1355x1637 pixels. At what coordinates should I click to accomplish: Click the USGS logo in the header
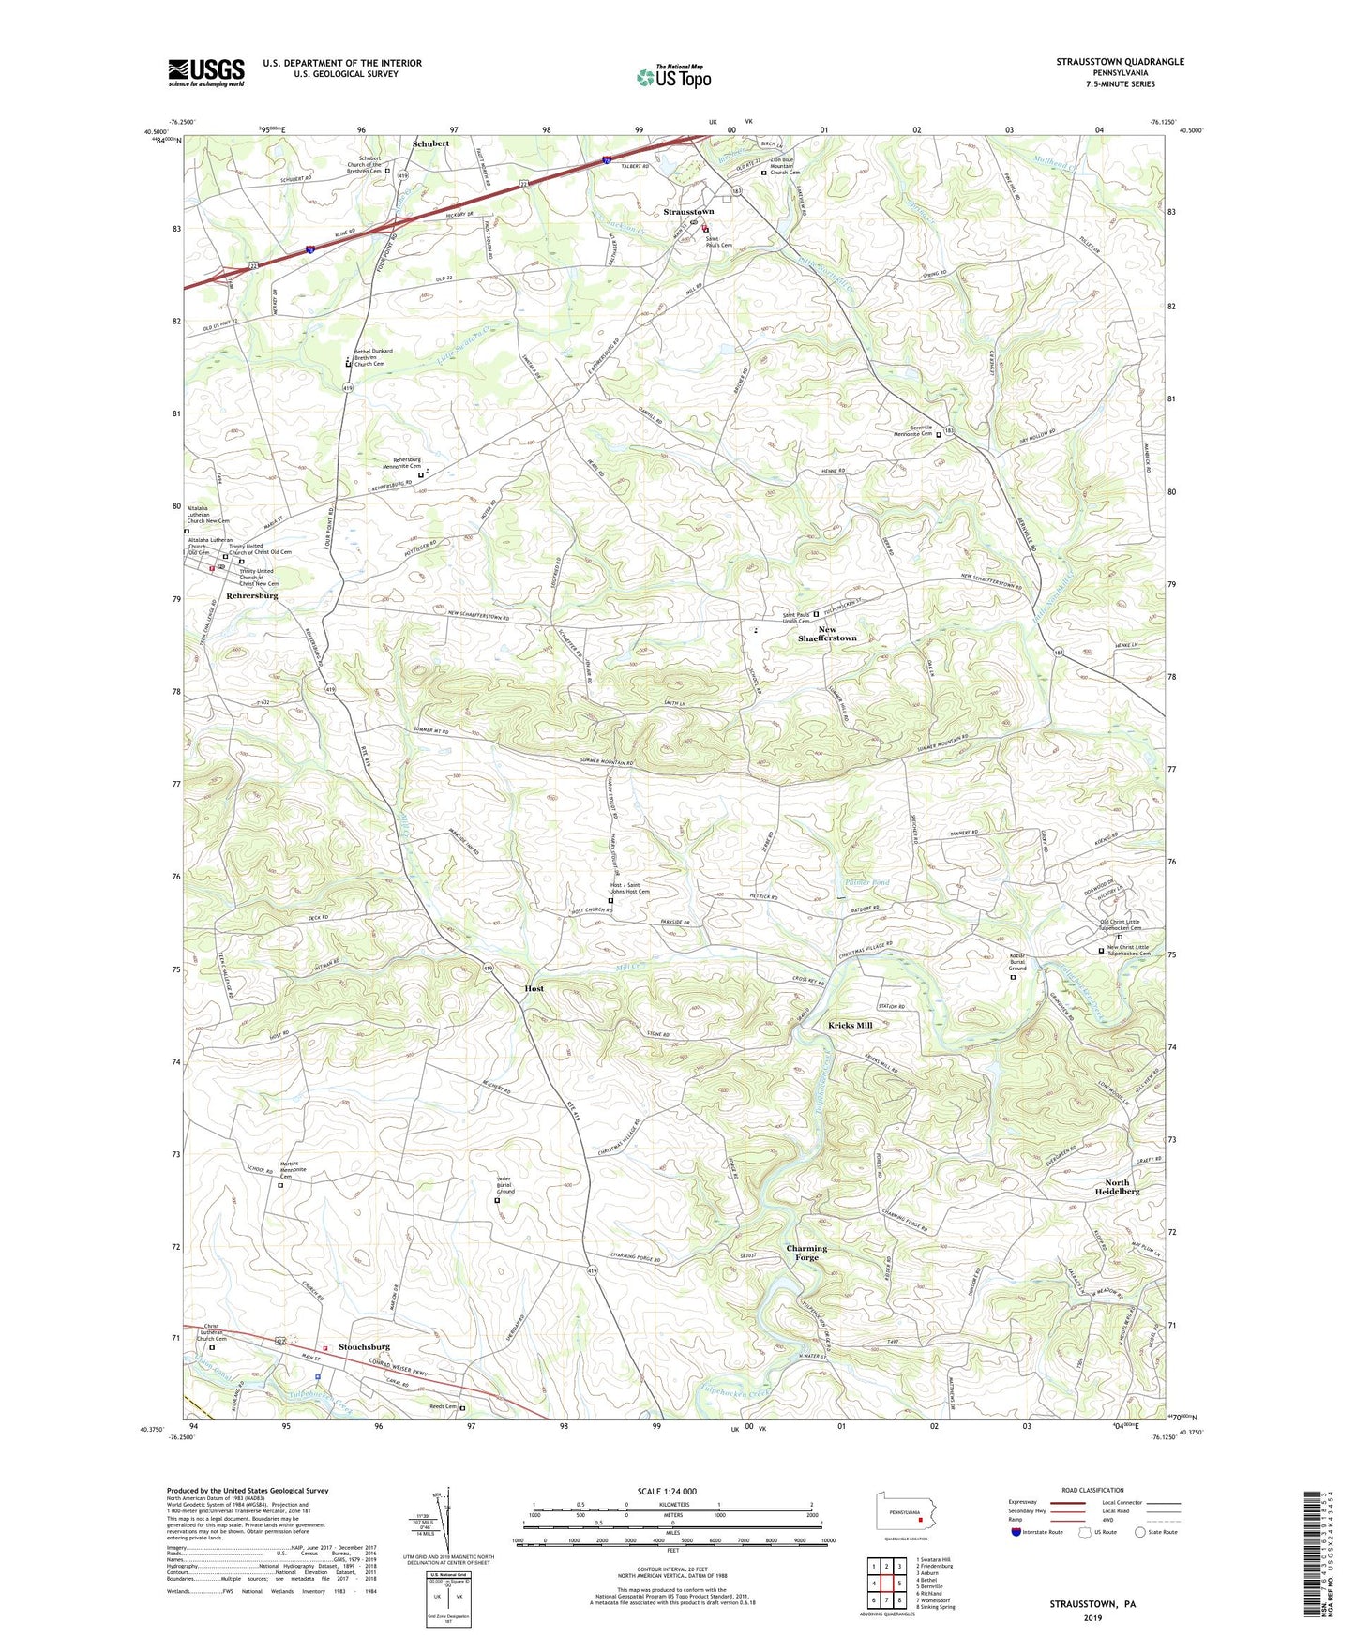pos(205,71)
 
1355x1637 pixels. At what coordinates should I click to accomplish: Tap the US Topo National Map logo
pos(673,77)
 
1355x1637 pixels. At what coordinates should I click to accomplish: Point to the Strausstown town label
pos(688,212)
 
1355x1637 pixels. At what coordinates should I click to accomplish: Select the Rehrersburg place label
pos(251,595)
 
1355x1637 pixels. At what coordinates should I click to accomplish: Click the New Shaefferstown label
pos(826,634)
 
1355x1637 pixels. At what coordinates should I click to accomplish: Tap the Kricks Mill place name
pos(850,1026)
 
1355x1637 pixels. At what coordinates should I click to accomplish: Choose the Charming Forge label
pos(806,1253)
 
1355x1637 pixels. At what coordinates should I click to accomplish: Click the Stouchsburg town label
pos(364,1347)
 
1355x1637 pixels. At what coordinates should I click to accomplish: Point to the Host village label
pos(534,988)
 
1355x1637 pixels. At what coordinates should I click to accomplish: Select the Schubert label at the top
pos(430,143)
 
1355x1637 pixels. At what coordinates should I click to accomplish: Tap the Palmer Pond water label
pos(862,883)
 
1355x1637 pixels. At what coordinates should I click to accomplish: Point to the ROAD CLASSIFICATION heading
pos(1092,1491)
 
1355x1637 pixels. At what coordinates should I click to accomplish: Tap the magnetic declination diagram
pos(449,1520)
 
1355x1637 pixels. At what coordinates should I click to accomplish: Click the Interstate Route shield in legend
pos(1017,1532)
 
